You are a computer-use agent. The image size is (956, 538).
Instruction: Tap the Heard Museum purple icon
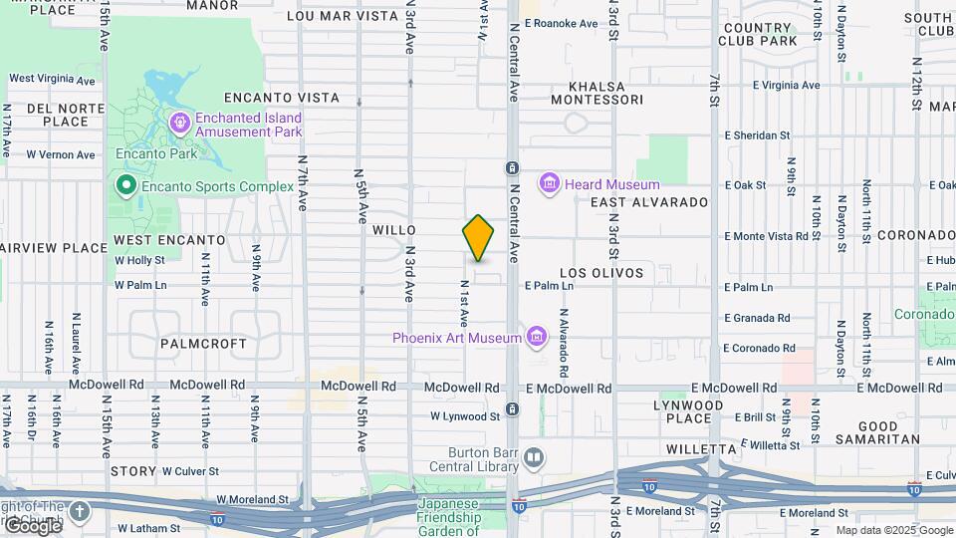[x=548, y=184]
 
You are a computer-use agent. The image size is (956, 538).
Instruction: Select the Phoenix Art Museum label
[x=456, y=338]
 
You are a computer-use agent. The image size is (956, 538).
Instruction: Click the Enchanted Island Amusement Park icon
[x=180, y=124]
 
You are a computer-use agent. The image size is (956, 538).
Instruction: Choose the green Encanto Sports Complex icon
[x=126, y=185]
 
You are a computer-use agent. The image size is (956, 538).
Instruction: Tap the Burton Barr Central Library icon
[x=535, y=457]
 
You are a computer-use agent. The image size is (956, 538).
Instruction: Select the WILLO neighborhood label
[x=393, y=230]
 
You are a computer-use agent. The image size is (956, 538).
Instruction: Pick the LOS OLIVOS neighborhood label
[x=601, y=273]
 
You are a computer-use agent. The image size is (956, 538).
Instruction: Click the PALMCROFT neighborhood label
[x=203, y=344]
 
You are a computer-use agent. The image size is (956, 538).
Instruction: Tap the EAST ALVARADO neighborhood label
[x=648, y=202]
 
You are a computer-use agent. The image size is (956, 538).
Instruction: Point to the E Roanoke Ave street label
[x=561, y=23]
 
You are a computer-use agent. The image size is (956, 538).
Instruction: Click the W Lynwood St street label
[x=465, y=416]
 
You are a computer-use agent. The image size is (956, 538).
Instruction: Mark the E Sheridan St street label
[x=757, y=135]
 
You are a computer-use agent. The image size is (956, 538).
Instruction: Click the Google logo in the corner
[x=32, y=526]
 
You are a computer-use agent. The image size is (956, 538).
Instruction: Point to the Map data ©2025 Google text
[x=893, y=530]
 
